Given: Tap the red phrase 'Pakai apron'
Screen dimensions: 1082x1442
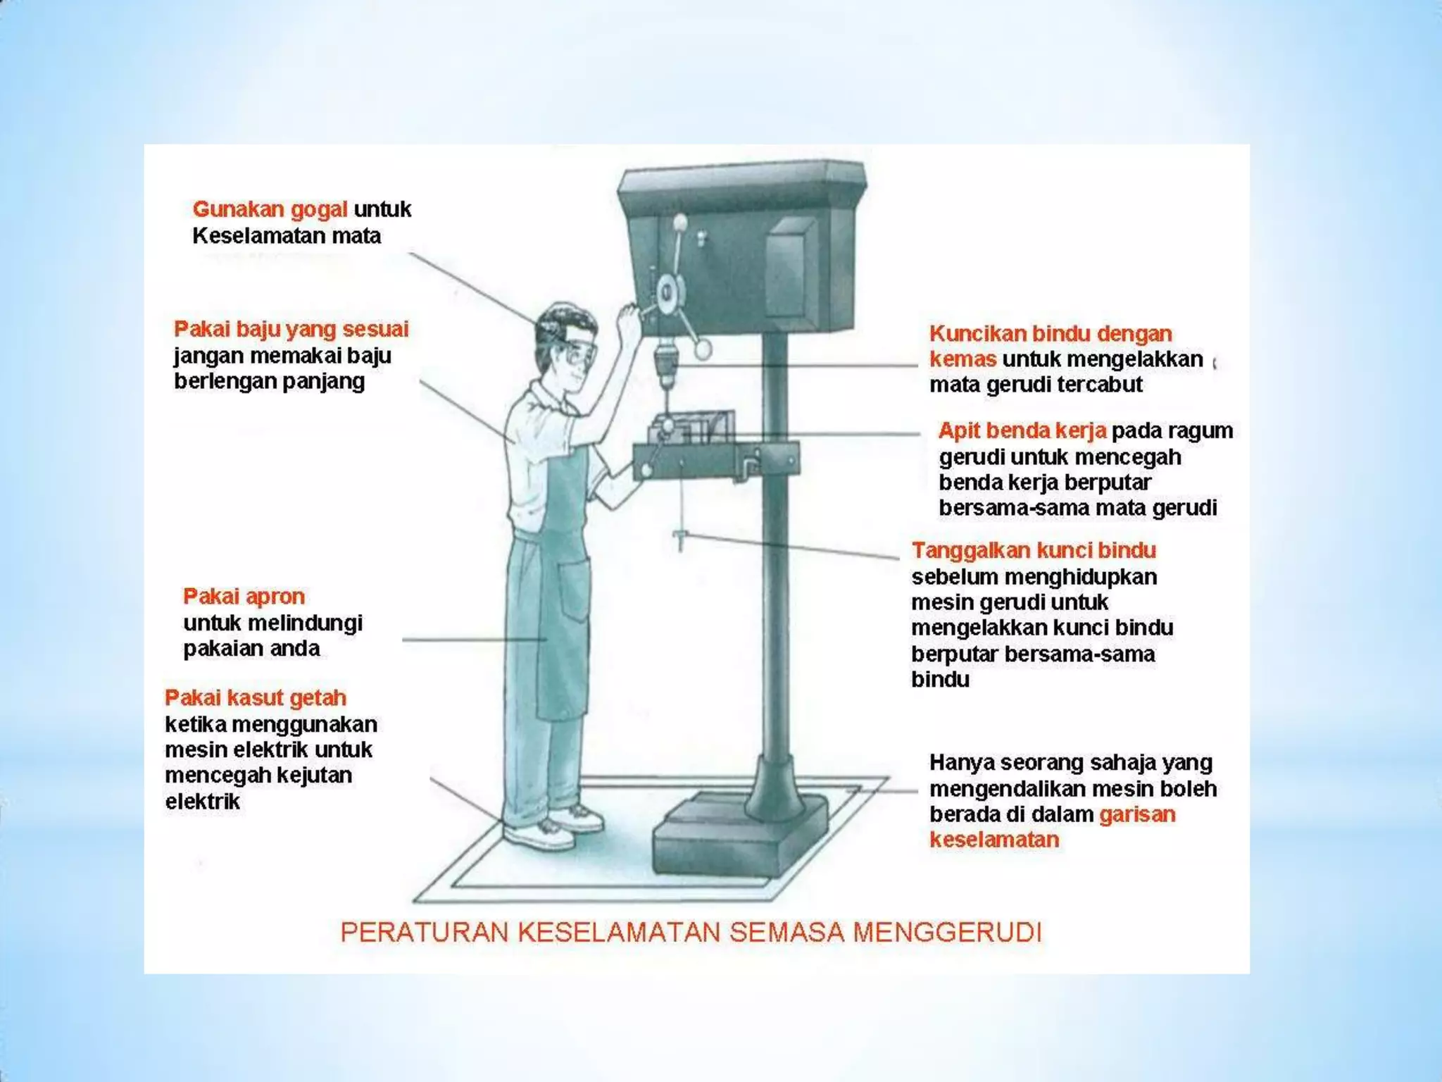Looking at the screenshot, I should (244, 597).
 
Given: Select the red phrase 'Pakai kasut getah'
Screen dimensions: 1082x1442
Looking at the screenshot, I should (256, 698).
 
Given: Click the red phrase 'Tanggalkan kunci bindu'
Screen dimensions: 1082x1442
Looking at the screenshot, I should (1034, 550).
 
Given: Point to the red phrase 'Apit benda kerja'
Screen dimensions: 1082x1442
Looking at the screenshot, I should (1022, 430).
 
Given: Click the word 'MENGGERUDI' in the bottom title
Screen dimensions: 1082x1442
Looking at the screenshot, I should (947, 932).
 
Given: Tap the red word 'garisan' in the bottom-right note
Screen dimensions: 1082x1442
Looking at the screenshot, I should (1137, 814).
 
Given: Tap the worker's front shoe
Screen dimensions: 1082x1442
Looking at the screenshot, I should (539, 836).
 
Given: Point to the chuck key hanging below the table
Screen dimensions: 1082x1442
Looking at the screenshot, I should (680, 540).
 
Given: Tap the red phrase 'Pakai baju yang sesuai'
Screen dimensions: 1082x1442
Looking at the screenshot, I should (291, 329).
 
